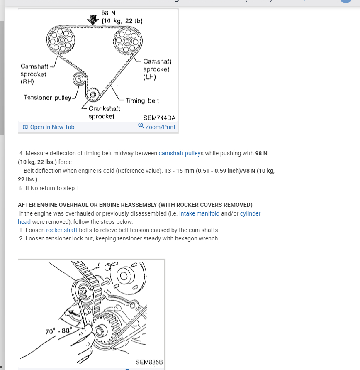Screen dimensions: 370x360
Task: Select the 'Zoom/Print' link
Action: [x=160, y=127]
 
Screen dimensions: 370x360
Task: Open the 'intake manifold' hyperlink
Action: [x=199, y=213]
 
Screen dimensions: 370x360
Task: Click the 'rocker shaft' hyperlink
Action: [x=61, y=230]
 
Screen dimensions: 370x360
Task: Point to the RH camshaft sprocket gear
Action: [x=61, y=40]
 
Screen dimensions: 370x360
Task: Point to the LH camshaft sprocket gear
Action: [x=127, y=40]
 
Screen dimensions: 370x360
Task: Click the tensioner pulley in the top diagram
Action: [x=79, y=79]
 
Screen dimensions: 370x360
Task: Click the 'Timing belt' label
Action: [x=142, y=100]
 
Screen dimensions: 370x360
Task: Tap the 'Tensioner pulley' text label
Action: [x=47, y=98]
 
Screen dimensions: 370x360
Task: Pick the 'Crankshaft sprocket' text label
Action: [x=104, y=113]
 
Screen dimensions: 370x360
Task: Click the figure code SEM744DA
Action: [x=159, y=118]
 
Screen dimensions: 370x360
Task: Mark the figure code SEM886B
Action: [x=149, y=363]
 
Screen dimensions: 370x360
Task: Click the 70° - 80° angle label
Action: [x=58, y=331]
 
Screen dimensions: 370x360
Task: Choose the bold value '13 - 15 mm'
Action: [x=180, y=171]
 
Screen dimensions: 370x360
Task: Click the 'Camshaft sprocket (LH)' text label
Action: [x=157, y=69]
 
